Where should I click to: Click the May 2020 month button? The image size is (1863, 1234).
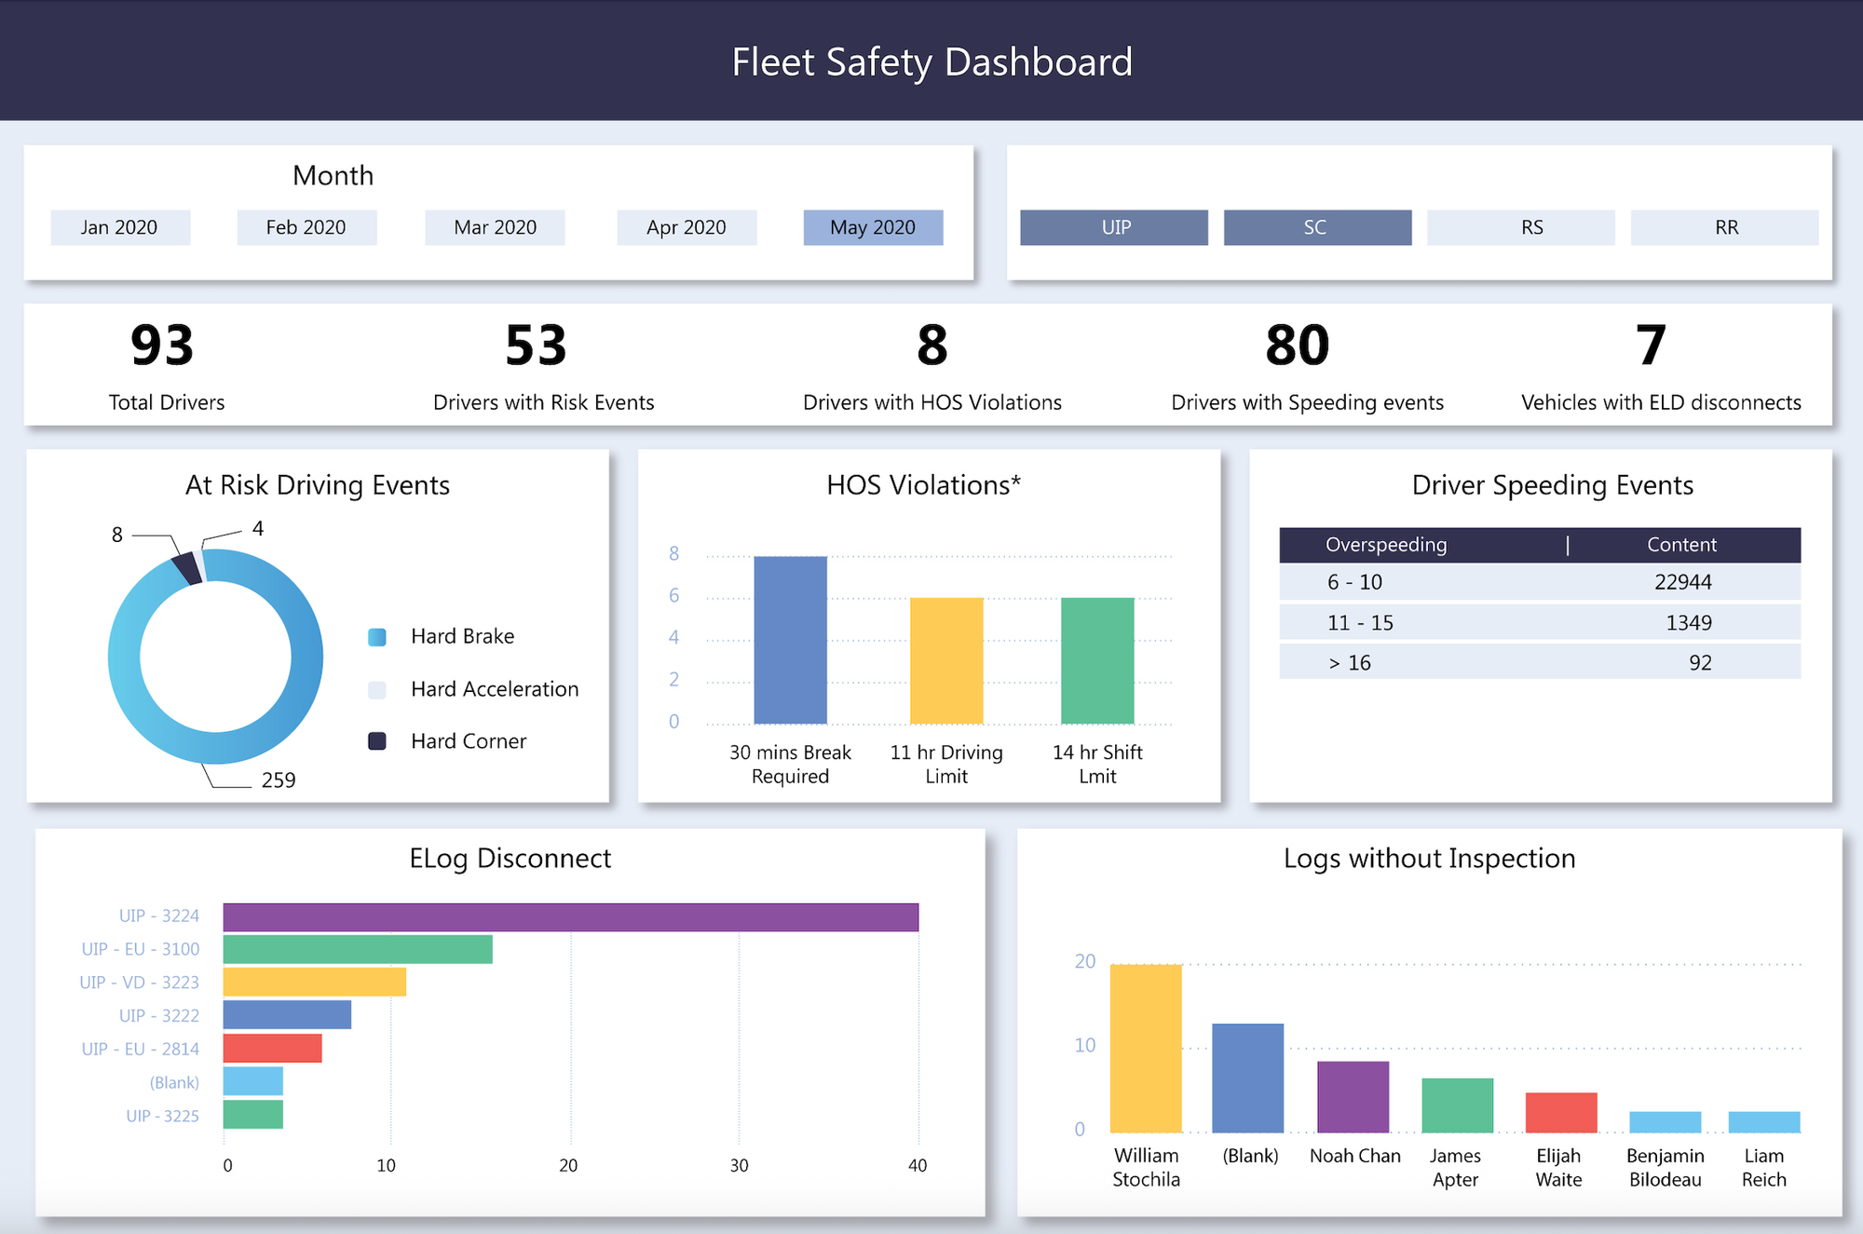click(x=873, y=227)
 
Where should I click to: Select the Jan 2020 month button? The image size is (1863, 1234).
click(x=120, y=227)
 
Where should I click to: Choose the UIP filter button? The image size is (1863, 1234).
click(x=1114, y=227)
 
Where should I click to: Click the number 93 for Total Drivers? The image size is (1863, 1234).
click(x=162, y=346)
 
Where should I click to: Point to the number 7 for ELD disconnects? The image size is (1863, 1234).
click(x=1651, y=346)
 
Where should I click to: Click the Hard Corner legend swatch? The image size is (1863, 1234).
click(x=377, y=741)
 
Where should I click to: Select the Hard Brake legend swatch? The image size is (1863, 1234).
click(x=377, y=637)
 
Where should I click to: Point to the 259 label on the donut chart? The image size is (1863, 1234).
click(x=279, y=780)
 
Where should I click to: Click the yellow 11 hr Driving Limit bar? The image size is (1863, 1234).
click(x=946, y=660)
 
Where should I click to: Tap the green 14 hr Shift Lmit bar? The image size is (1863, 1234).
click(x=1097, y=660)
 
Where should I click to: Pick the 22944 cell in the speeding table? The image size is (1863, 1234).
click(x=1682, y=582)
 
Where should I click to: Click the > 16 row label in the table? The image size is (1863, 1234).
click(x=1350, y=663)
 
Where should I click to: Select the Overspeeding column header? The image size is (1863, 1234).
click(x=1386, y=545)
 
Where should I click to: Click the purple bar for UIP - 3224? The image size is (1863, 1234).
click(x=570, y=917)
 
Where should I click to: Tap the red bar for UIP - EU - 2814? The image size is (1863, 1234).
click(x=272, y=1049)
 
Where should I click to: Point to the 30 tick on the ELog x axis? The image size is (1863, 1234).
click(x=739, y=1166)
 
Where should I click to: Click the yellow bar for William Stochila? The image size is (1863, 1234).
click(x=1146, y=1049)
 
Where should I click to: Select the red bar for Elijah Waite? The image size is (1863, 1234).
click(x=1560, y=1113)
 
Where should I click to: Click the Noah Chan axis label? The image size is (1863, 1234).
click(x=1354, y=1156)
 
